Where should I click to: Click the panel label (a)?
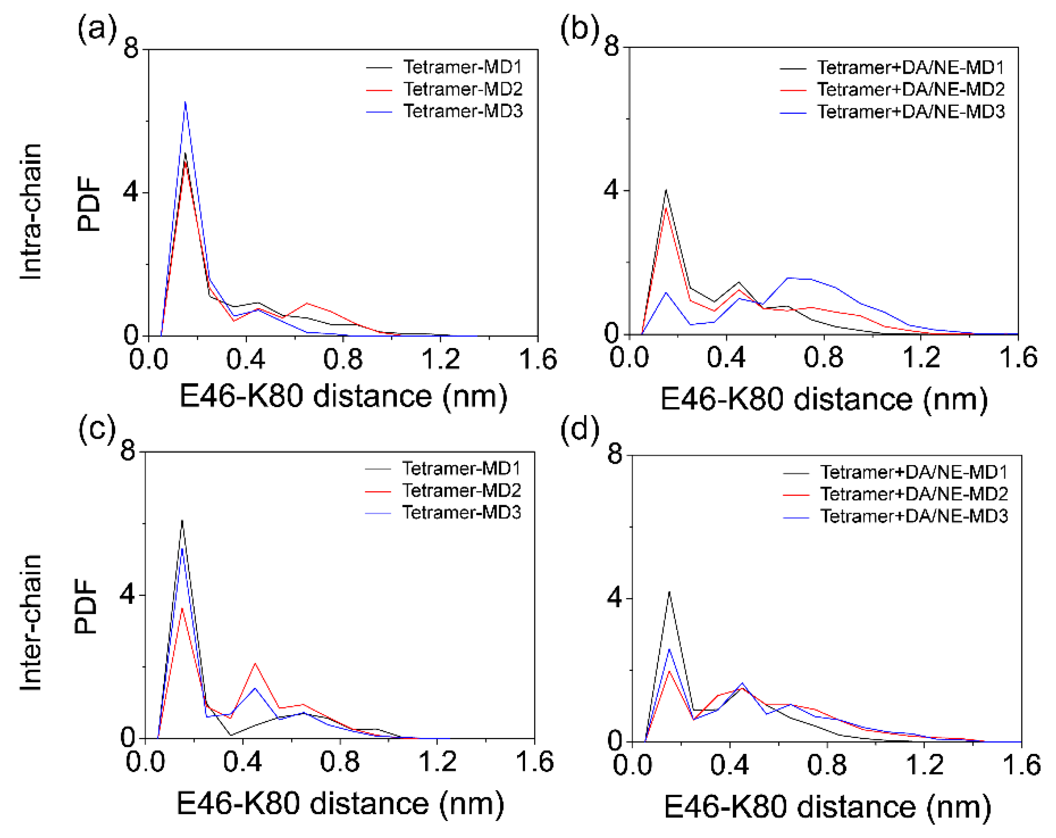(97, 30)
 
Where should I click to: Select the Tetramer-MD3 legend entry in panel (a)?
(463, 112)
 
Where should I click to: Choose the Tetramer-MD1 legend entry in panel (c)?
(461, 468)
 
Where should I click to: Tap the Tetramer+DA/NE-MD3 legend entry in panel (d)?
(914, 516)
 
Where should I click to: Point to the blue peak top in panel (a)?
(185, 102)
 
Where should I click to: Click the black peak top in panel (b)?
(666, 190)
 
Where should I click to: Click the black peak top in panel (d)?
(669, 592)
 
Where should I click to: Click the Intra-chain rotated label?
(31, 212)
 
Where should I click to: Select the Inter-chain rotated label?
(31, 623)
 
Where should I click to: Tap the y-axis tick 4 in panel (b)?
(612, 190)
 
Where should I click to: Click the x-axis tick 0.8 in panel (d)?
(827, 765)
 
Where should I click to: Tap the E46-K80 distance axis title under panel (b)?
(824, 399)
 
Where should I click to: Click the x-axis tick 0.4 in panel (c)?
(242, 762)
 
